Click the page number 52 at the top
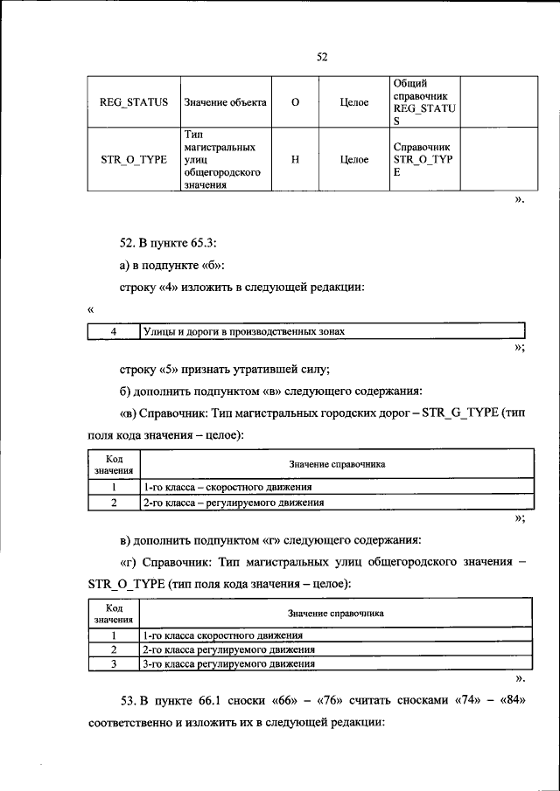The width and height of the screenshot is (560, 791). [321, 57]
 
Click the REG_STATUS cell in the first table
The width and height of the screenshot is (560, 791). [134, 102]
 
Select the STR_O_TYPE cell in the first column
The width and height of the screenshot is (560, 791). [134, 161]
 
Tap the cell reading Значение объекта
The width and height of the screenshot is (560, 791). [225, 102]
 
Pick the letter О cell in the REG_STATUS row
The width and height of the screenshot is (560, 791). [295, 102]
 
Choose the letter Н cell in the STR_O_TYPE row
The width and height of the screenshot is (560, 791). [295, 161]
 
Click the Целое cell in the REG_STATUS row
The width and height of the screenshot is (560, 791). [354, 102]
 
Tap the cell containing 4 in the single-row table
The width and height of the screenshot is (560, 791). [114, 332]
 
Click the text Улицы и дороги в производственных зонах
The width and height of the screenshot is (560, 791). [244, 332]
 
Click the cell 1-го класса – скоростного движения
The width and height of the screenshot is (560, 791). [227, 488]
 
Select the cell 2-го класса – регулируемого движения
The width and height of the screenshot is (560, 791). [233, 503]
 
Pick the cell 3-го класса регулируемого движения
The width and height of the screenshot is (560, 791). [228, 664]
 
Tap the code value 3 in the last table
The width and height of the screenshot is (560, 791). [114, 664]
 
